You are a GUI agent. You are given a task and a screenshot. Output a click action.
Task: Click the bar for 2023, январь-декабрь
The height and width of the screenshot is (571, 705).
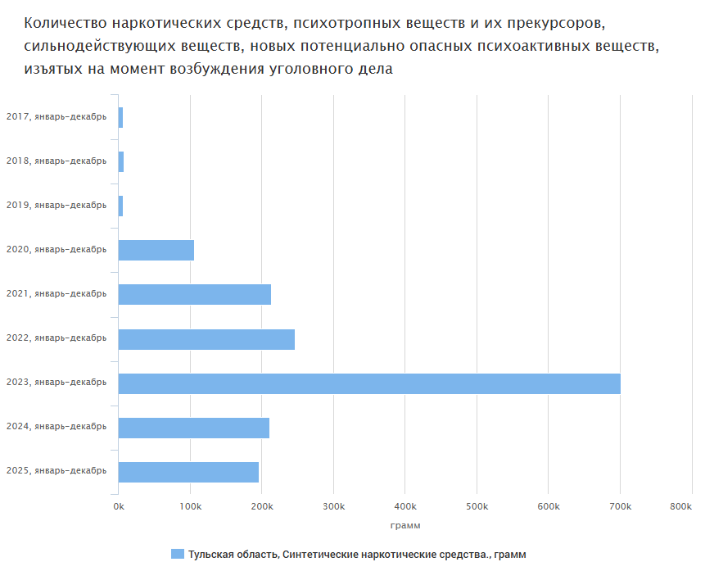click(368, 383)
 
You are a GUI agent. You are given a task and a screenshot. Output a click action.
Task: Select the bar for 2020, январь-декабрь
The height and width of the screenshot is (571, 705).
click(156, 250)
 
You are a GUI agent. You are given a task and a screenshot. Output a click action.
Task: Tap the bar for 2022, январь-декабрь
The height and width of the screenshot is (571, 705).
click(206, 339)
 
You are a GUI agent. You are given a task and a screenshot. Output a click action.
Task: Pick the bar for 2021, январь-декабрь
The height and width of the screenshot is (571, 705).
click(195, 294)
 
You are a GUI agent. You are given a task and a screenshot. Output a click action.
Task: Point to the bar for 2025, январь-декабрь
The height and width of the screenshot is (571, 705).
click(188, 472)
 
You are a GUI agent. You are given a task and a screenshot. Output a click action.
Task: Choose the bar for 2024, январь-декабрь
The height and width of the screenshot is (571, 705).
click(194, 428)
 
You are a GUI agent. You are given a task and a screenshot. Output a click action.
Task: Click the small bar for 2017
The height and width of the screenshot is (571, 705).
click(120, 117)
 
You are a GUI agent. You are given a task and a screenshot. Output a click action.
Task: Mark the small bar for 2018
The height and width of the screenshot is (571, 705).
click(121, 161)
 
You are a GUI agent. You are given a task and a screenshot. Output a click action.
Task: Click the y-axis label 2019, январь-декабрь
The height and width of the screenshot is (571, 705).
click(56, 205)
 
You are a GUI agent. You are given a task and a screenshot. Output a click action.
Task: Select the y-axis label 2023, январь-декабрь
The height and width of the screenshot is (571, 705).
click(56, 382)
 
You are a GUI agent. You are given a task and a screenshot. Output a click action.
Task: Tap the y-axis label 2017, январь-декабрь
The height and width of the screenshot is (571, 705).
click(56, 116)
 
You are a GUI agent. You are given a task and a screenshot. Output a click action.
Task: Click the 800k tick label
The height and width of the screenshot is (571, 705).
click(680, 508)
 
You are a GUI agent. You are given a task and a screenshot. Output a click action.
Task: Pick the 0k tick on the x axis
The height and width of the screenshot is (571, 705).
click(119, 508)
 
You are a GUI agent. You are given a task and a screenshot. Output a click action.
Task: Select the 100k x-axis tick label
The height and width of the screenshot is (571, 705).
click(190, 508)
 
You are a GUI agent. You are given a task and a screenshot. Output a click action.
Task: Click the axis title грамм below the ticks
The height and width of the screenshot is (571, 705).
click(405, 525)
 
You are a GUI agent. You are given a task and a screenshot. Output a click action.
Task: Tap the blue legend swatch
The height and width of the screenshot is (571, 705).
click(177, 555)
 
